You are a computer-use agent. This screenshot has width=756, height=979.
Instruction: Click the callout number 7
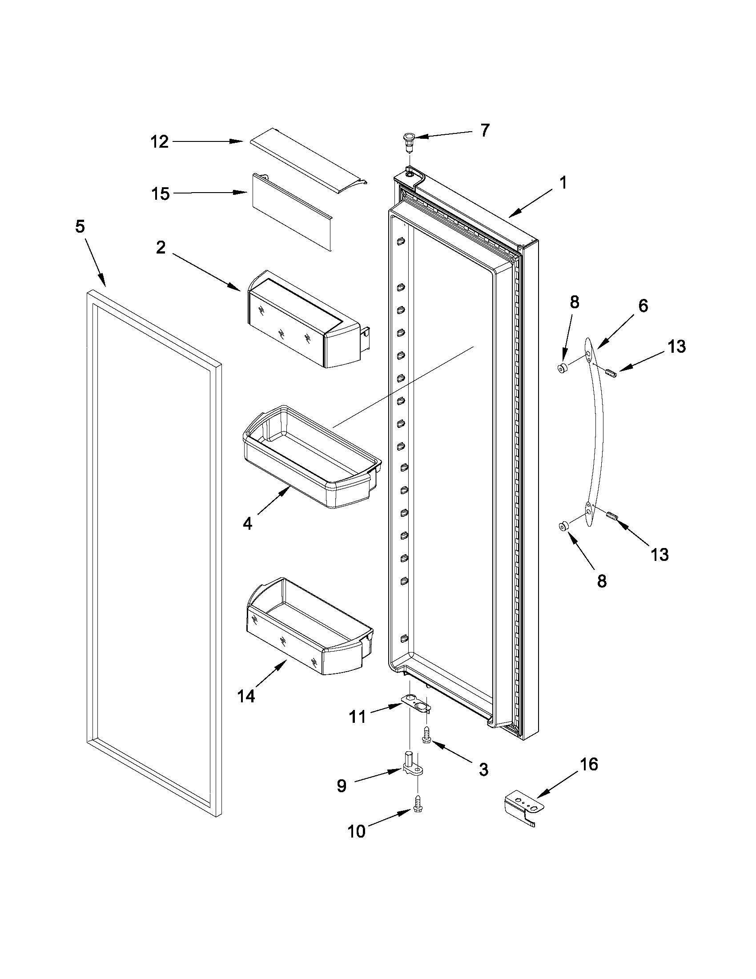click(x=484, y=130)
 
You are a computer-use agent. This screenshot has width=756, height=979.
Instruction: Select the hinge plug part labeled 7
click(x=409, y=138)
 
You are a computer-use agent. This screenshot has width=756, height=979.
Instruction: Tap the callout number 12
click(x=159, y=141)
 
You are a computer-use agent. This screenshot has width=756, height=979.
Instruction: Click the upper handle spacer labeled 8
click(x=561, y=369)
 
